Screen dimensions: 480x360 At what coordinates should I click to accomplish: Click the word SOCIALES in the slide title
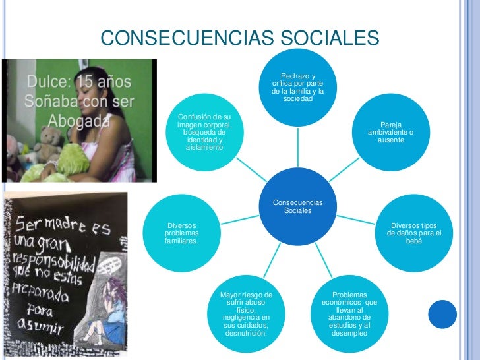pos(329,38)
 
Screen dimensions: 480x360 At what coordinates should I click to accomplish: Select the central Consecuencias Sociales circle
pos(297,206)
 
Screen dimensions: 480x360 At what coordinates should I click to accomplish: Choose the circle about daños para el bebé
pos(413,233)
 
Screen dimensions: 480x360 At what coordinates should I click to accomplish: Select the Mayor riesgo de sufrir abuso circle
pos(246,314)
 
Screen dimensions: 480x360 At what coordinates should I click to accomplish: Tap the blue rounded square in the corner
pos(442,315)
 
